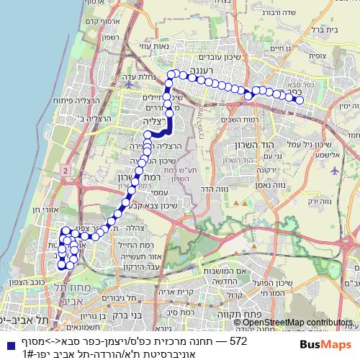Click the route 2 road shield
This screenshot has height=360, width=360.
point(66,169)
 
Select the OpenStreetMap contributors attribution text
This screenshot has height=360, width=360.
point(296,323)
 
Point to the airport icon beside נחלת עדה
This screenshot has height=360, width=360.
point(129,84)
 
